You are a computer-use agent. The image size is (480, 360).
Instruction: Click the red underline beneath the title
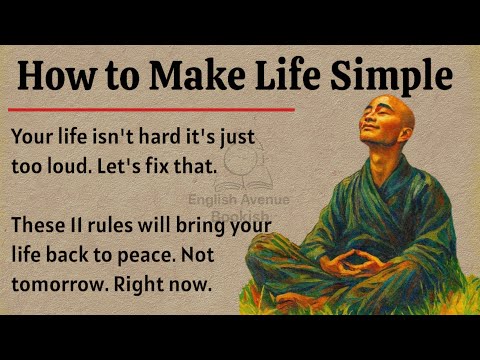click(x=150, y=109)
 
